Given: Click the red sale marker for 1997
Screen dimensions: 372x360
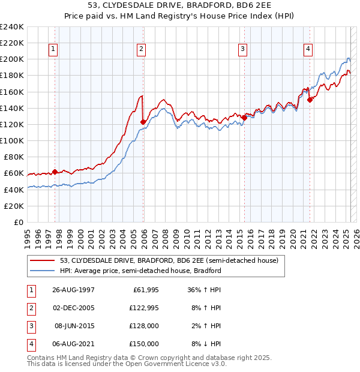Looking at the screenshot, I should pos(55,172).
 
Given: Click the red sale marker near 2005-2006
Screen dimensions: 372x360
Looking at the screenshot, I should pos(143,122).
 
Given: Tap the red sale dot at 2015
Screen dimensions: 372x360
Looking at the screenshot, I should pos(244,118).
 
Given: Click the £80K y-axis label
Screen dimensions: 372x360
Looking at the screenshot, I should pos(14,157).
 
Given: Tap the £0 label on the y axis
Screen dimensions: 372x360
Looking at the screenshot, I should pos(19,222).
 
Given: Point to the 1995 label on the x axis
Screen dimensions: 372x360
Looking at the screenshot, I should pos(27,235).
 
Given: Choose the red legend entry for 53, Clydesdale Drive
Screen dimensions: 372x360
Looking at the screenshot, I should pos(169,261).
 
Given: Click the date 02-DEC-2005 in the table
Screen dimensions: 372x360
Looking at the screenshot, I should pos(74,308).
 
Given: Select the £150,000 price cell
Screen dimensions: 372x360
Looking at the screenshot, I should pos(144,344).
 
